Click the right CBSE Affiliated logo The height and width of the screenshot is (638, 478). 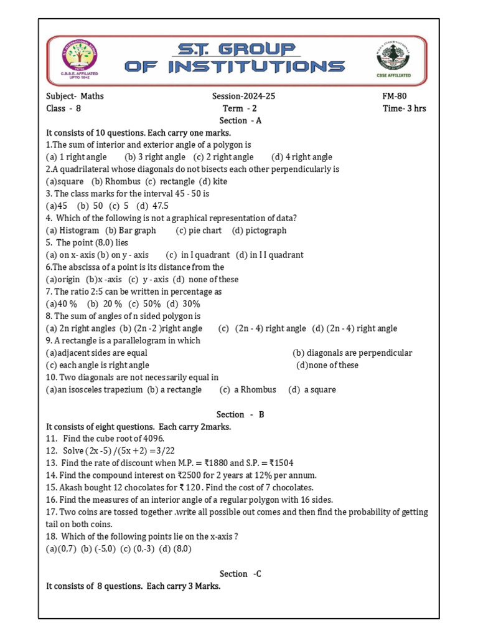393,61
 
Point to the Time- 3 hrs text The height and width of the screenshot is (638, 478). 405,108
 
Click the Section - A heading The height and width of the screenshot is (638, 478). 240,121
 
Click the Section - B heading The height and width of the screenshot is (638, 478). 240,414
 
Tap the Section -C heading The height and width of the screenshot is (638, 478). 240,574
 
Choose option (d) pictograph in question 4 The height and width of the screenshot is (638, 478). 260,231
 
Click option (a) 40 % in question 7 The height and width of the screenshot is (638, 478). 62,304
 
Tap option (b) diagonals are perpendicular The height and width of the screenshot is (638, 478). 352,353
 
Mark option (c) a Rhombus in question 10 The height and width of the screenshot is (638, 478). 248,390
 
